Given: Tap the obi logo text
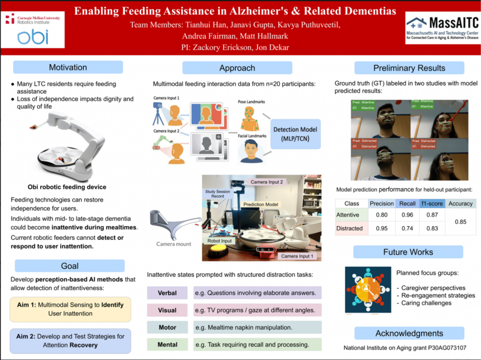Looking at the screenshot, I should (33, 37).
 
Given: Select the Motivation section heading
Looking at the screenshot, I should (68, 67).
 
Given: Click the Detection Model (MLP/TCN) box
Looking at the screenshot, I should (295, 133).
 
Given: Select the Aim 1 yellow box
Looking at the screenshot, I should (70, 309).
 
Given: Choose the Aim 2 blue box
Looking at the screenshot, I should (70, 341).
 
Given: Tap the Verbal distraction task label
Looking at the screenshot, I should (167, 293).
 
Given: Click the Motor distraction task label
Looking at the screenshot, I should (167, 327).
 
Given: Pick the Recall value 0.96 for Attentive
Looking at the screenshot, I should (407, 215).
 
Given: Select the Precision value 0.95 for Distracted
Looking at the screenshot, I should (381, 228).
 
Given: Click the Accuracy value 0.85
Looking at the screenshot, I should (460, 222).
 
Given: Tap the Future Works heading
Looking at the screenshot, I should (408, 252).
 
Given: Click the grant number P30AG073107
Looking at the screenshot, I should (448, 348).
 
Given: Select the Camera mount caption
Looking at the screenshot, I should (174, 244).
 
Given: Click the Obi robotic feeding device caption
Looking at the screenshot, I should (67, 187).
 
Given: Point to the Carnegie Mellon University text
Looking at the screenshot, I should (38, 17).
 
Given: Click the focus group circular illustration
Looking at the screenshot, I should (368, 290).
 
